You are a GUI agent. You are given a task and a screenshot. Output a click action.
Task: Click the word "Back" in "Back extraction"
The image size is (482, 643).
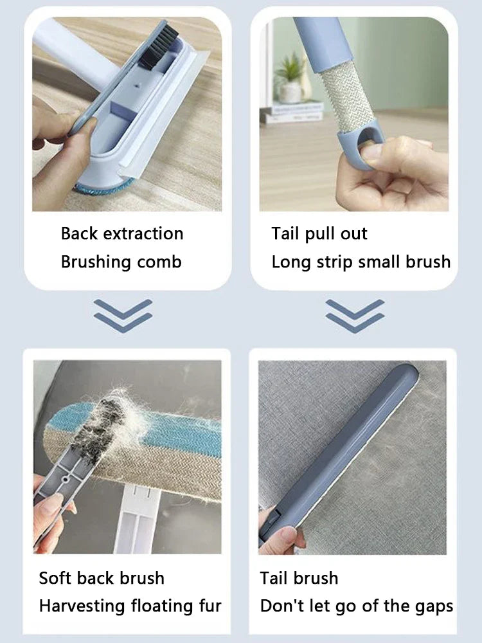(79, 233)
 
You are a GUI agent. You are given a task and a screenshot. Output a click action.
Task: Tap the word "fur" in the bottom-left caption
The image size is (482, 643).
(210, 606)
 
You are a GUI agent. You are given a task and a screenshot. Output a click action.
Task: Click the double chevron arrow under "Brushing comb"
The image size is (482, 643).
(123, 315)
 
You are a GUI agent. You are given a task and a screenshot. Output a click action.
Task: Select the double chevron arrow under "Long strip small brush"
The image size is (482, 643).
(355, 315)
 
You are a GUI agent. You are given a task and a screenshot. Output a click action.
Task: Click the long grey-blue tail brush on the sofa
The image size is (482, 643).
(347, 450)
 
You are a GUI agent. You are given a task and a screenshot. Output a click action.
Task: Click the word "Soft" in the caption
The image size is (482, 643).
(56, 578)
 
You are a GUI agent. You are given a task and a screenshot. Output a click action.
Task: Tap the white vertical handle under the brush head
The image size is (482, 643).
(138, 521)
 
